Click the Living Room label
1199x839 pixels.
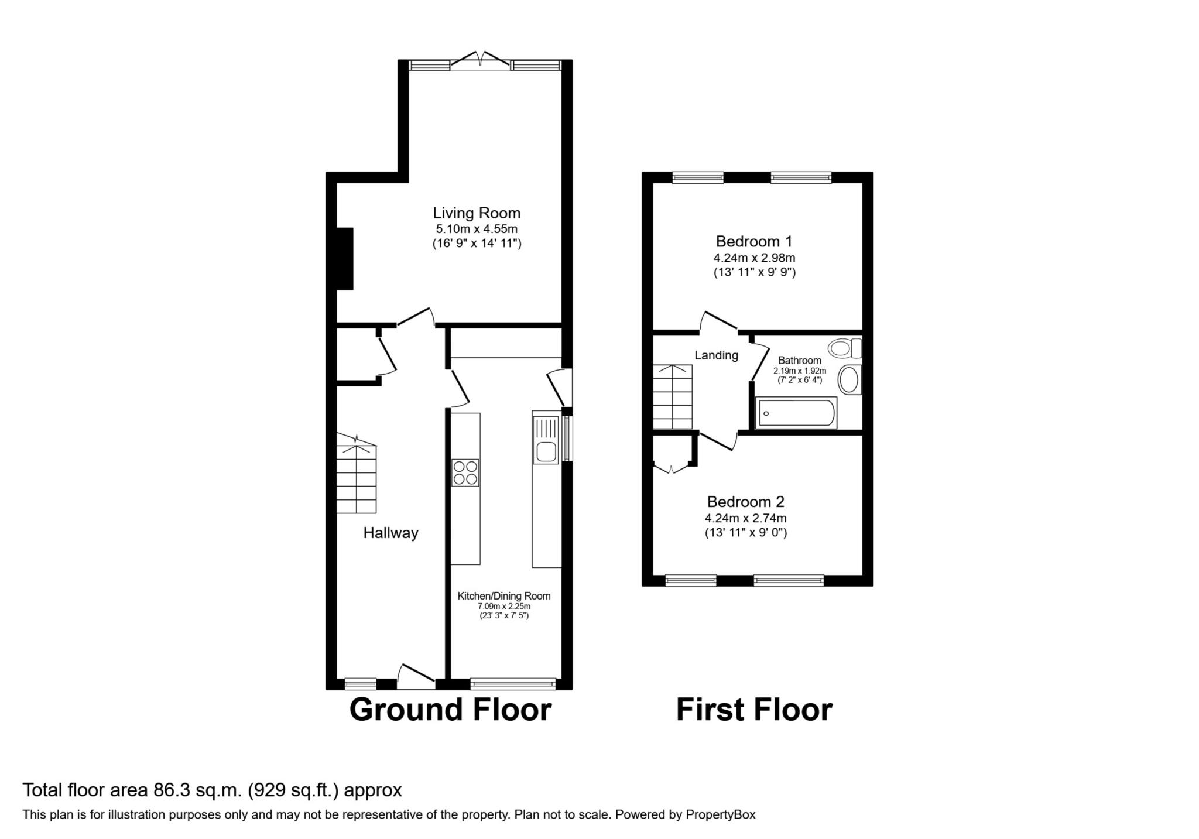coord(477,213)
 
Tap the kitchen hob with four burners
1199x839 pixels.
coord(465,472)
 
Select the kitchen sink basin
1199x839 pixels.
coord(546,452)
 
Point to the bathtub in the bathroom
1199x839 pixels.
coord(796,413)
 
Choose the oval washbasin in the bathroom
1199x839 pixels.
coord(849,379)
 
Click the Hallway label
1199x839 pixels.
coord(390,533)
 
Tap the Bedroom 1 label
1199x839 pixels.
coord(754,241)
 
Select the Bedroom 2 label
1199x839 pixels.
coord(746,502)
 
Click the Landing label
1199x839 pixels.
coord(716,355)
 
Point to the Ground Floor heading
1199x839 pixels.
coord(450,710)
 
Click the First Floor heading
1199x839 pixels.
coord(754,710)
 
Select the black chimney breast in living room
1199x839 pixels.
coord(345,259)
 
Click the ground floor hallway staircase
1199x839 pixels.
coord(357,474)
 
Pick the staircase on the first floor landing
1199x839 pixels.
coord(673,397)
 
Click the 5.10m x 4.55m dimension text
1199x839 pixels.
coord(476,229)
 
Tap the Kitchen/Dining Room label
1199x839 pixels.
coord(504,596)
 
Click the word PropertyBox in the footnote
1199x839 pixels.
coord(721,814)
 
